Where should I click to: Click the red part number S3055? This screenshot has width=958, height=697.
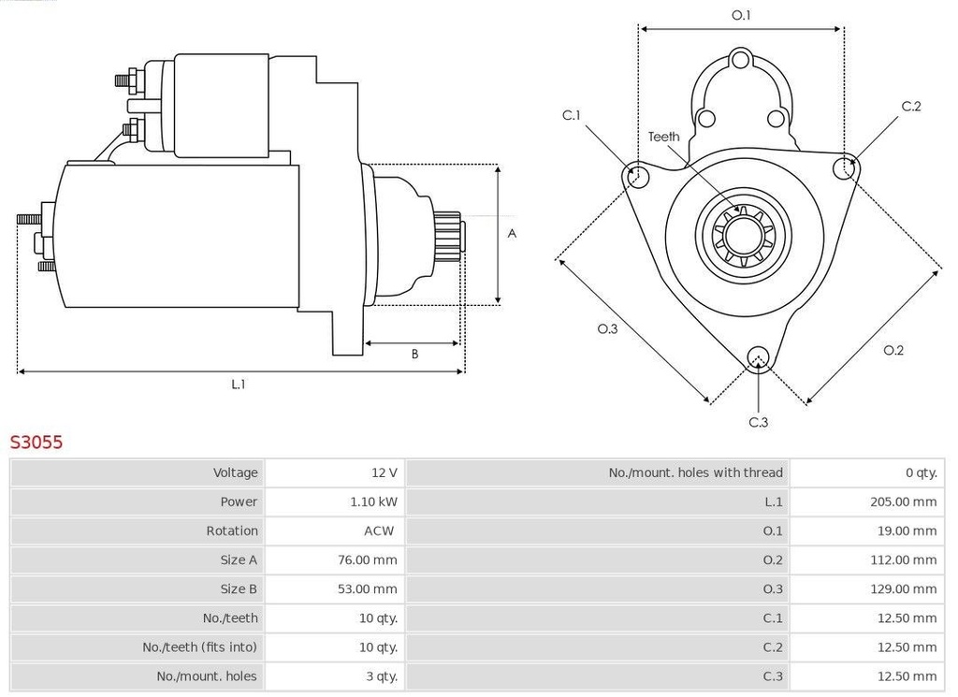(36, 443)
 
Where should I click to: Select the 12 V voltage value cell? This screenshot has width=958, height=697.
(384, 472)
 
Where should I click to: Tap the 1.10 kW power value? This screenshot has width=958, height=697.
(373, 501)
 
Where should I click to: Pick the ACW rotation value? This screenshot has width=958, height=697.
(379, 530)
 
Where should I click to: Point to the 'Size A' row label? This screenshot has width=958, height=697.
(239, 559)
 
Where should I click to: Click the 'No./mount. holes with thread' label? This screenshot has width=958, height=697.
(695, 472)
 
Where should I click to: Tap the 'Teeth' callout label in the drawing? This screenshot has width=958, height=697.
(664, 137)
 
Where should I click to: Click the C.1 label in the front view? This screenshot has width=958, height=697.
(572, 115)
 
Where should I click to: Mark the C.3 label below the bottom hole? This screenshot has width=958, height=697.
(759, 422)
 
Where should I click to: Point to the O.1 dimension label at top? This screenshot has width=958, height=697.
(741, 15)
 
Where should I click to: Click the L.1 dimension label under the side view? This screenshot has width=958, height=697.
(239, 384)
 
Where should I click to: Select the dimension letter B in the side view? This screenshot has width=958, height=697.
(414, 354)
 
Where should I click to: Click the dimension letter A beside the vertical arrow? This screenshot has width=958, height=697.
(512, 234)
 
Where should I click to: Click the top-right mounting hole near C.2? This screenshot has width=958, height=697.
(844, 167)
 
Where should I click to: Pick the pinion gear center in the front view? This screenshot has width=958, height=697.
(743, 234)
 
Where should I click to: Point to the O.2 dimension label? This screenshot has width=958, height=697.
(893, 350)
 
